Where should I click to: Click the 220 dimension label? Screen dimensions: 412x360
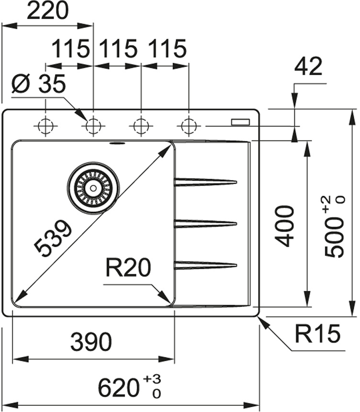pyautogui.click(x=47, y=11)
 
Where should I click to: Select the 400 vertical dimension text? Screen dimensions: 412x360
pyautogui.click(x=286, y=225)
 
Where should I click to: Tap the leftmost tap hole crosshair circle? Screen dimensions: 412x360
pyautogui.click(x=45, y=126)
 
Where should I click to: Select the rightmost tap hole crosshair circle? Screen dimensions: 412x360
pyautogui.click(x=189, y=126)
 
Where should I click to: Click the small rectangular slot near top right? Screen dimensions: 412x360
pyautogui.click(x=240, y=122)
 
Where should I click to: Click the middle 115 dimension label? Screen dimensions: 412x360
pyautogui.click(x=118, y=48)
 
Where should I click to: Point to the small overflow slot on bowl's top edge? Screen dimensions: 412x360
pyautogui.click(x=116, y=143)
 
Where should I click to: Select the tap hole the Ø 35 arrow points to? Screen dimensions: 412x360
pyautogui.click(x=93, y=126)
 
